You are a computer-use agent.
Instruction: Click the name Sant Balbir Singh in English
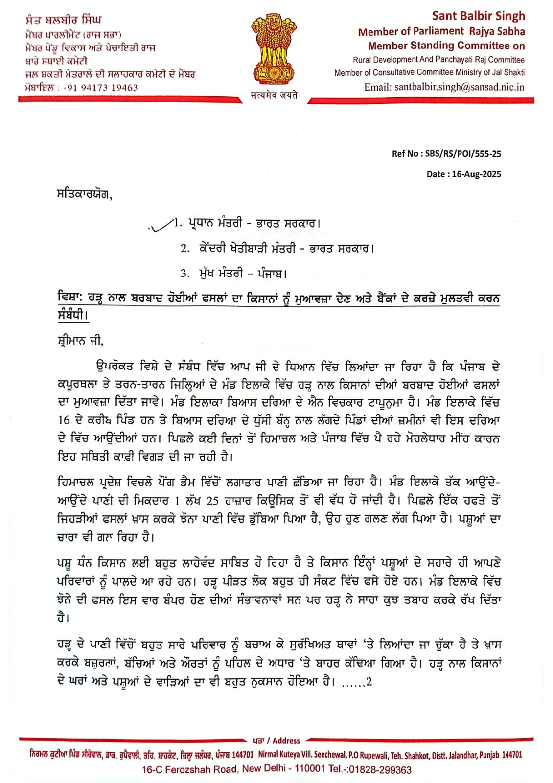click(x=478, y=16)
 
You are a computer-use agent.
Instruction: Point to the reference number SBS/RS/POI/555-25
click(x=463, y=154)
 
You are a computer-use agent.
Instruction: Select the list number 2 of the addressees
click(x=184, y=249)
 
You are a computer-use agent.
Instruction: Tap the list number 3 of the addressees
click(x=184, y=274)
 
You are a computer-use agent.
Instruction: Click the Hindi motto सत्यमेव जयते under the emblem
click(x=274, y=95)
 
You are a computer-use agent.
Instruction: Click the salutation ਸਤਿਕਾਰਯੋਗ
click(x=84, y=195)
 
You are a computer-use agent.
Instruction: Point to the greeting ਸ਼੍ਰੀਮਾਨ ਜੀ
click(x=80, y=341)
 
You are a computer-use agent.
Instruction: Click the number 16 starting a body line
click(x=64, y=420)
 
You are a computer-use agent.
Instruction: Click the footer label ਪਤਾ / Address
click(x=276, y=741)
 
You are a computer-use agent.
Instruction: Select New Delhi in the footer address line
click(x=264, y=769)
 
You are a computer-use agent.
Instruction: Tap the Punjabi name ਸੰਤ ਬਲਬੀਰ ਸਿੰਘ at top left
click(x=64, y=20)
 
